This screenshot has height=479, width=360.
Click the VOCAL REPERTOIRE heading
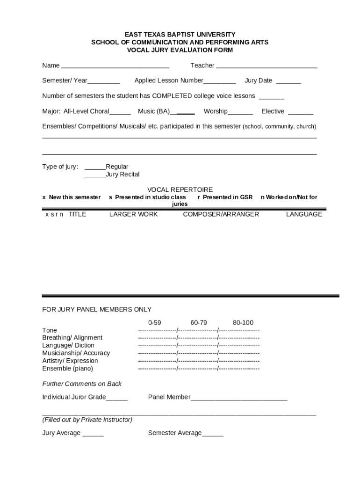pos(180,189)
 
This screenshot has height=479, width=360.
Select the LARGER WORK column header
pos(133,214)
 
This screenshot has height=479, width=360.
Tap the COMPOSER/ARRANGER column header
pos(221,214)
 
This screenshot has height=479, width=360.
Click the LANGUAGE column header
pos(304,214)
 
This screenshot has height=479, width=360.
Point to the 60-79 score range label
pos(199,323)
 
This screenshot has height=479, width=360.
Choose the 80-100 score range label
pos(243,323)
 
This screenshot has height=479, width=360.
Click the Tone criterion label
pos(50,330)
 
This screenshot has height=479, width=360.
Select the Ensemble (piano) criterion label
pos(68,369)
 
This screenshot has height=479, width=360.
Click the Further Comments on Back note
pos(82,384)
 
